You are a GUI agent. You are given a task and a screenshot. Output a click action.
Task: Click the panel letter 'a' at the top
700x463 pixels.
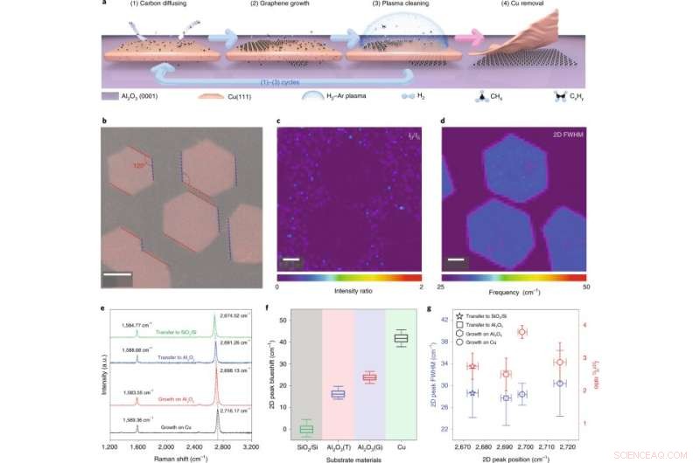pos(105,3)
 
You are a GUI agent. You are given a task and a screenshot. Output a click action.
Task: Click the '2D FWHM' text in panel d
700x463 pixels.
pos(573,137)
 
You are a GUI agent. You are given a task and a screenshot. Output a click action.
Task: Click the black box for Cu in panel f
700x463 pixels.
pos(401,338)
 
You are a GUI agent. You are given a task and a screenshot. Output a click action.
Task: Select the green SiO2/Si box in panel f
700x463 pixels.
pos(306,429)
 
